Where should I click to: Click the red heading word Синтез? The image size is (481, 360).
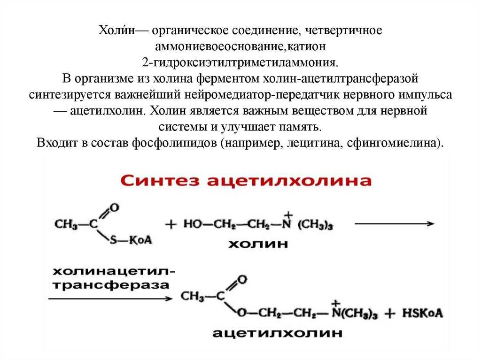[x=160, y=181]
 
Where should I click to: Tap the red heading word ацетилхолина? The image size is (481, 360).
[x=289, y=181]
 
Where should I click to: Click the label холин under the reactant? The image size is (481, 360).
[x=258, y=244]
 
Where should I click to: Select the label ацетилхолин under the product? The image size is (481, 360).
[x=277, y=333]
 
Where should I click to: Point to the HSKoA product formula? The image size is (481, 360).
[x=422, y=313]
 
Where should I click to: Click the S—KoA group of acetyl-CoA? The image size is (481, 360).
[x=131, y=240]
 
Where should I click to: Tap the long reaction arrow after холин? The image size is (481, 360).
[x=395, y=223]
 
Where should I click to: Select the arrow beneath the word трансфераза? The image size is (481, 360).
[x=111, y=298]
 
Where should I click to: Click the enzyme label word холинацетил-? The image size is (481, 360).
[x=114, y=271]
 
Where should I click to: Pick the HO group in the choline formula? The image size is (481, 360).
[x=193, y=224]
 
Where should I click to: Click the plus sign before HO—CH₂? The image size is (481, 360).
[x=171, y=224]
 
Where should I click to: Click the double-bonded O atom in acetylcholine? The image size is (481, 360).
[x=242, y=279]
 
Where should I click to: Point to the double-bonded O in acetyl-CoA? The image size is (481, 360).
[x=114, y=207]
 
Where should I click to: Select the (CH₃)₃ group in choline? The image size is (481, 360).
[x=315, y=225]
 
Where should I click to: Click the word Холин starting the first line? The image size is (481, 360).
[x=116, y=31]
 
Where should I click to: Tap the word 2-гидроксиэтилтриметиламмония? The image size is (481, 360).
[x=240, y=62]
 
